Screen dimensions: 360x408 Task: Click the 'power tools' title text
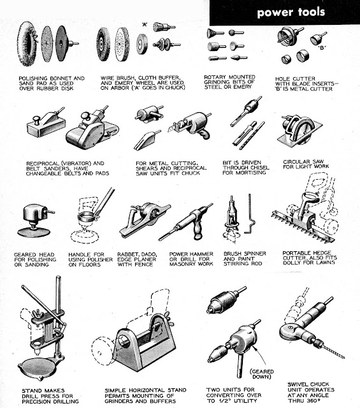[291, 12]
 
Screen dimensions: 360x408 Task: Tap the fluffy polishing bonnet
[25, 43]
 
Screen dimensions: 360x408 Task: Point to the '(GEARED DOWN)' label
[261, 374]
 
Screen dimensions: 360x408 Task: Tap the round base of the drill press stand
[38, 366]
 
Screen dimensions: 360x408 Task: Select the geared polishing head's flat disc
[34, 231]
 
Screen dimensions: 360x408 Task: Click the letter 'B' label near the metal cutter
[322, 48]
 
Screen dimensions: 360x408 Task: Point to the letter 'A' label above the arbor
[145, 24]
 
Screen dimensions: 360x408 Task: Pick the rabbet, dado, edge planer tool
[145, 220]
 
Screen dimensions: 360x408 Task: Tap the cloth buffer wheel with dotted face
[122, 44]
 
